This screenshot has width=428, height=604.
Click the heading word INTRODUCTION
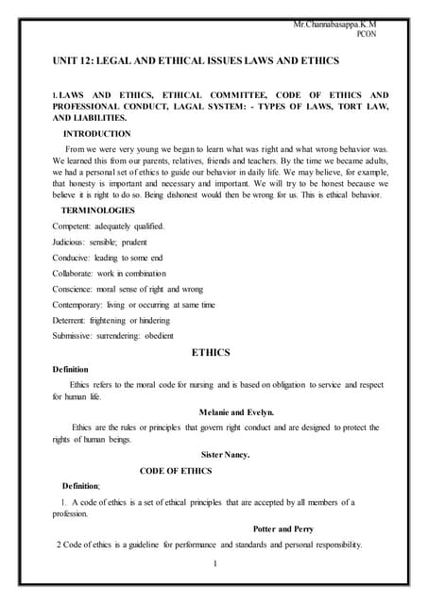(96, 134)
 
